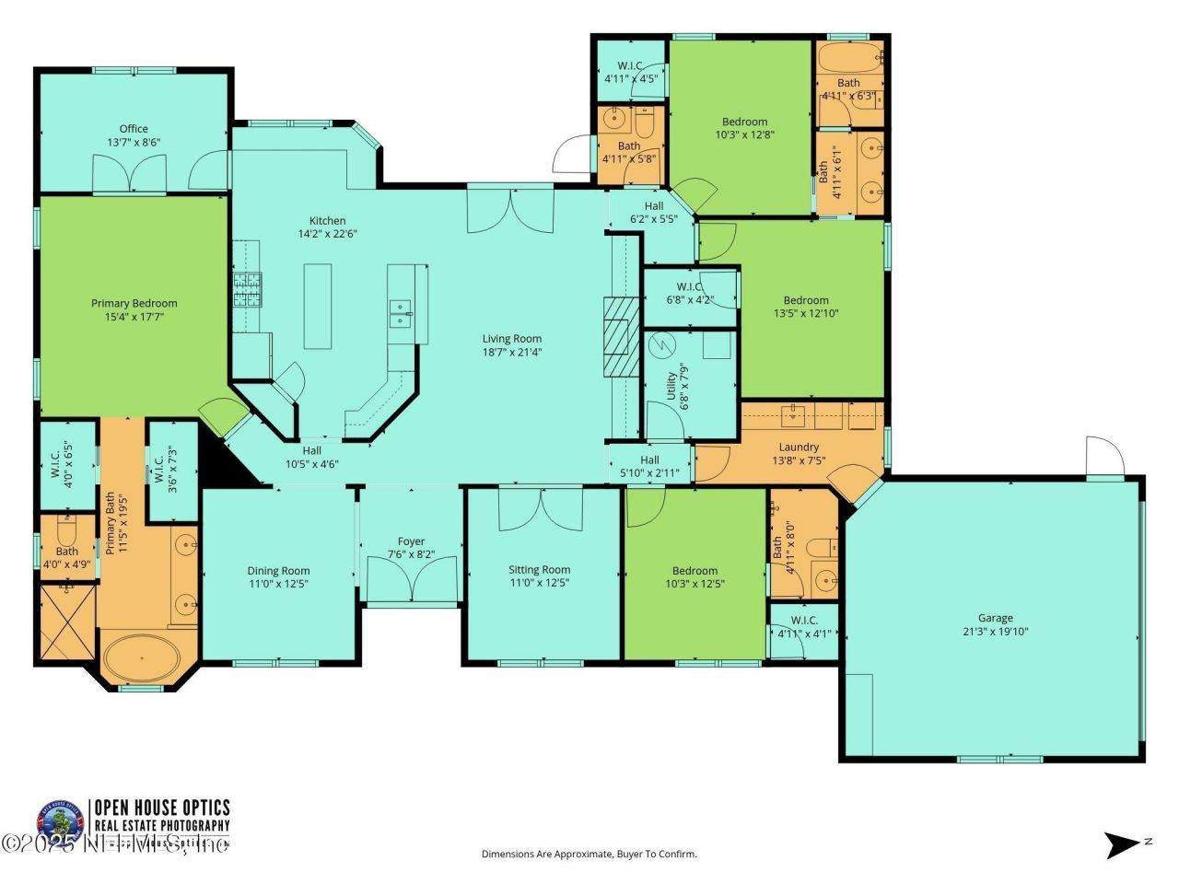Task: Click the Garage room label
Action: [995, 618]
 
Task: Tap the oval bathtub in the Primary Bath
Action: [143, 657]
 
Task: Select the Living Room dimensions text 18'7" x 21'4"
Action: [512, 352]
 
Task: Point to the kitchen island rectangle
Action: [318, 306]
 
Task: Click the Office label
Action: [133, 129]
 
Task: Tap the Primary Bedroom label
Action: [134, 303]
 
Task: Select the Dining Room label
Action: [278, 570]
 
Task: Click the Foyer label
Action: [411, 541]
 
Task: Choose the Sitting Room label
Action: [539, 569]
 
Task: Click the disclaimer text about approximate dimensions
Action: [589, 854]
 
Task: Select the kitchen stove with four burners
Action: [247, 289]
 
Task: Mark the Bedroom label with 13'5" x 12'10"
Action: [805, 299]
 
